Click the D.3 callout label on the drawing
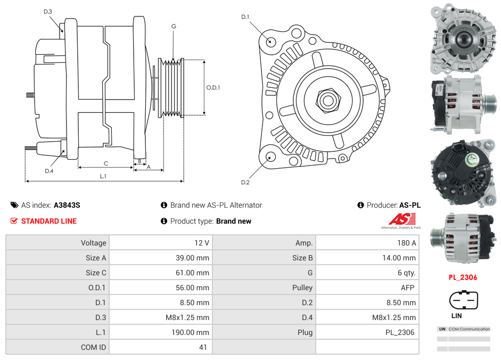tap(48, 11)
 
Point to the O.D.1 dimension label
tap(213, 87)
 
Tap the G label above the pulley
tap(174, 26)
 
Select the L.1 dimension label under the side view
tap(103, 176)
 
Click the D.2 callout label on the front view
tap(245, 183)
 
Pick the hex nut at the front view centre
tap(327, 100)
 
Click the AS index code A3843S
tap(67, 205)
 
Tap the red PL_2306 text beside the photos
tap(462, 277)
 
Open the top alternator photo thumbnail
tap(463, 39)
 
